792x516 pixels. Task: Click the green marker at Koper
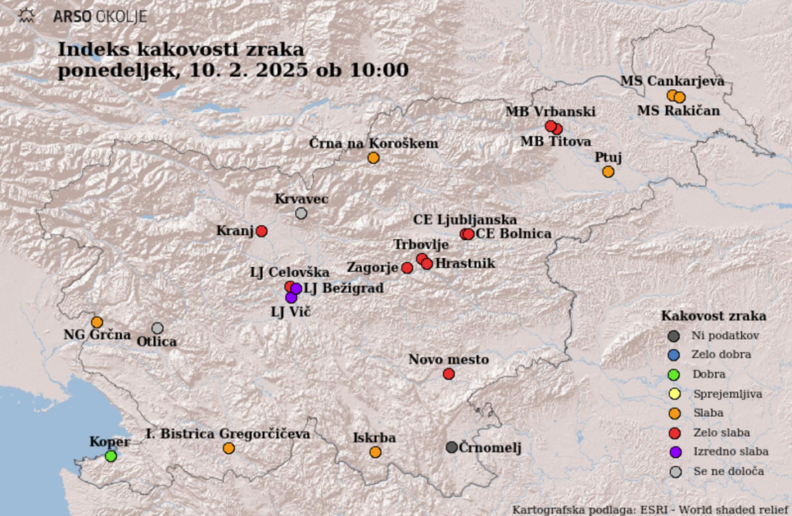(x=111, y=456)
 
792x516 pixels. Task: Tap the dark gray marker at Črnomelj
(x=452, y=447)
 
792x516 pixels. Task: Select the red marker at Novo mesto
(x=449, y=374)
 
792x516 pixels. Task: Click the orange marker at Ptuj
(x=608, y=172)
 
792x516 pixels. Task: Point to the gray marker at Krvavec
(x=301, y=214)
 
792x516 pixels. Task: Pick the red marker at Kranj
(x=261, y=231)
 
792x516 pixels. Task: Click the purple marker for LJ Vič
(x=291, y=298)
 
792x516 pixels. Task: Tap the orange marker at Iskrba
(x=375, y=453)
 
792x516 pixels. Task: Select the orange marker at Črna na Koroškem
(x=374, y=158)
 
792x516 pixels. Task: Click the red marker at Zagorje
(x=407, y=268)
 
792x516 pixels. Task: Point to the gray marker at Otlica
(x=158, y=328)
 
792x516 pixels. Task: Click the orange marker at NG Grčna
(x=97, y=322)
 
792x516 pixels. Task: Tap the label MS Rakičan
(x=678, y=111)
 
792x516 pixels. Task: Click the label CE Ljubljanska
(x=465, y=220)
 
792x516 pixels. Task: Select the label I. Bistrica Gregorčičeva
(x=228, y=434)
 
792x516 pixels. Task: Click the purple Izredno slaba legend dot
(x=674, y=453)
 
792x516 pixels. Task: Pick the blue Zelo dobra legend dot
(x=674, y=355)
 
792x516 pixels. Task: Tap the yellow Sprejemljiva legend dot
(x=674, y=394)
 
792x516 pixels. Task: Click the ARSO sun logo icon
(x=27, y=15)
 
